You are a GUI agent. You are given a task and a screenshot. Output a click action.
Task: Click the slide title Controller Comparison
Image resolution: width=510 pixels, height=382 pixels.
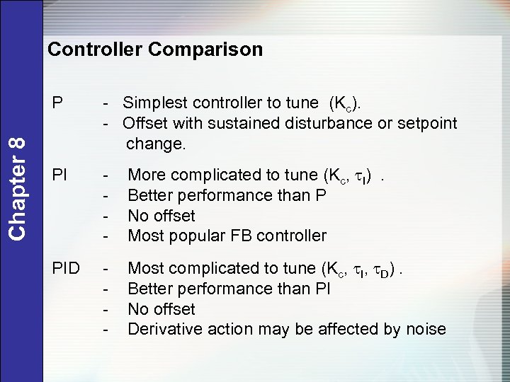pos(154,50)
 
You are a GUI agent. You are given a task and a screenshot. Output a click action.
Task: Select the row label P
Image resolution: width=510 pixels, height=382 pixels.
pos(58,104)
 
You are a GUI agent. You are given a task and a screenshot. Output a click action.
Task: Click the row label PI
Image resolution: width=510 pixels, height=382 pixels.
pos(61,174)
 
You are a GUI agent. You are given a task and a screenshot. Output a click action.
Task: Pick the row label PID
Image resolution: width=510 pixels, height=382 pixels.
pos(67,268)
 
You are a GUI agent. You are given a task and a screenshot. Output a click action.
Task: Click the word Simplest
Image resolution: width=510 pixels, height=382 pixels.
pos(152,104)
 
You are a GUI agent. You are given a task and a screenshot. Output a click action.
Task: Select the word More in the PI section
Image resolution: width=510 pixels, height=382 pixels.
pos(144,175)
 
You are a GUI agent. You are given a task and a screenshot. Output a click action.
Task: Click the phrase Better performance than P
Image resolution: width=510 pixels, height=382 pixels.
pos(227,195)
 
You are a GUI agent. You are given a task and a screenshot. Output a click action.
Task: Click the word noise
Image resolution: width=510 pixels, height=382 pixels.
pos(426,329)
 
